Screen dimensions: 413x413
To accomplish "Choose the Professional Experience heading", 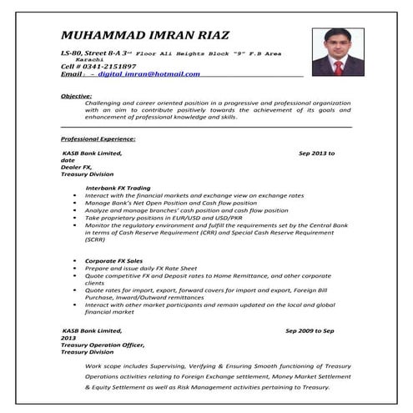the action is (98, 138).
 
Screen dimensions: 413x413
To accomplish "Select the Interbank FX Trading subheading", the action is (118, 188).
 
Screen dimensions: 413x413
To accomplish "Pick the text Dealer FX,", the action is (77, 167).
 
